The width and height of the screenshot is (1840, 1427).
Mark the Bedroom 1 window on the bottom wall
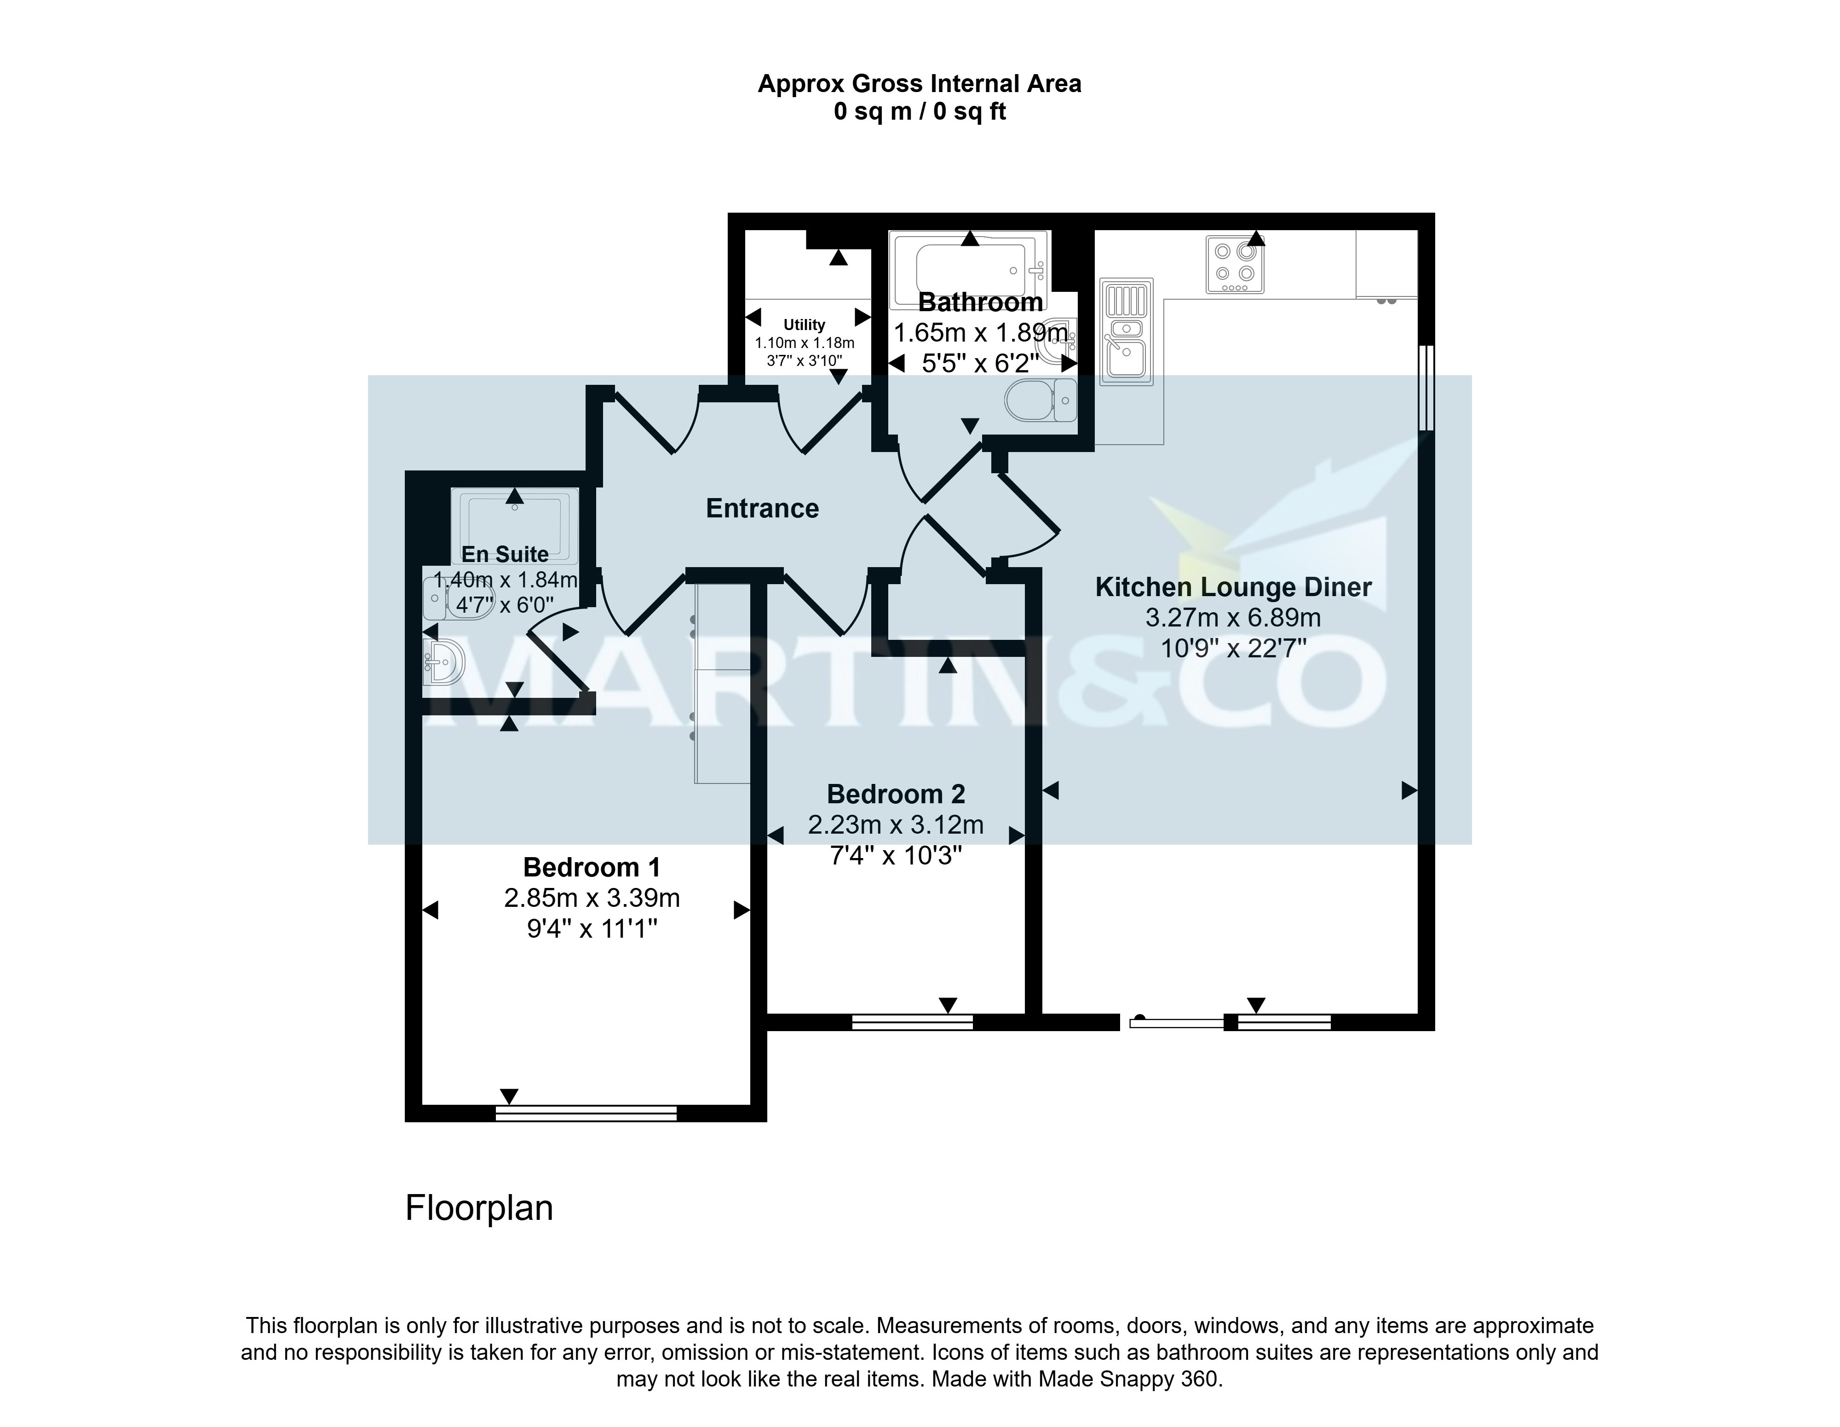pos(586,1114)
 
